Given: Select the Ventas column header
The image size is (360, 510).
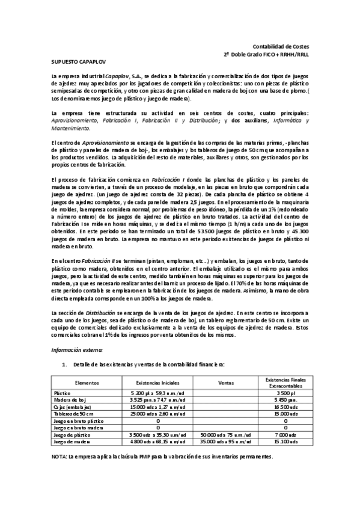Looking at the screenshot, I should pyautogui.click(x=226, y=382).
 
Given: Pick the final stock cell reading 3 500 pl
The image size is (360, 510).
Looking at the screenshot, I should pyautogui.click(x=285, y=392).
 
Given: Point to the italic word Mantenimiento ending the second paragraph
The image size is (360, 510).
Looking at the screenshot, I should pyautogui.click(x=70, y=127).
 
